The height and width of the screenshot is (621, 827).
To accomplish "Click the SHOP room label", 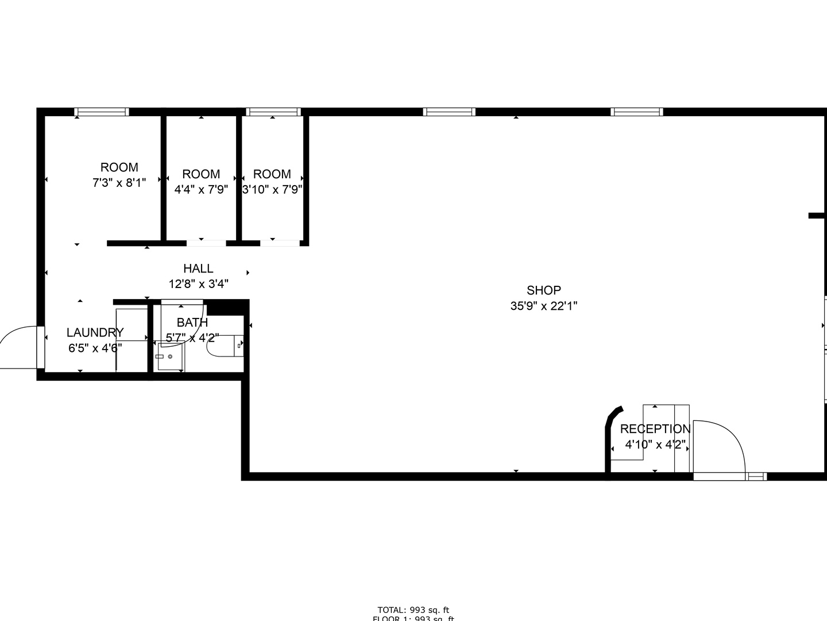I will (543, 290).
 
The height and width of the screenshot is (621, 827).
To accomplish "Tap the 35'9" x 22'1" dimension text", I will (543, 306).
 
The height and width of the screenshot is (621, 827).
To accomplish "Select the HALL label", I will (198, 269).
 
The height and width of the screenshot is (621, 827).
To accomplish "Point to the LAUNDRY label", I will (95, 332).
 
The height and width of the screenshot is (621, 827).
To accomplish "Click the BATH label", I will (192, 323).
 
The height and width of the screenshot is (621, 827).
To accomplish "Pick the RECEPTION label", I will (655, 429).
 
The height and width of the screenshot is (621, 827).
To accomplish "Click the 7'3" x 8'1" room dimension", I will (119, 183).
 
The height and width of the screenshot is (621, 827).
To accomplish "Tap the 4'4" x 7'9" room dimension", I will (201, 189).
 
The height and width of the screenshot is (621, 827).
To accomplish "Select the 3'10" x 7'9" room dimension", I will (272, 189).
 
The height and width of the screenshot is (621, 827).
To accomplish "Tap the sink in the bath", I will (169, 357).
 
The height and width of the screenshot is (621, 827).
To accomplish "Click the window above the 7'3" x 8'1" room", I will (102, 112).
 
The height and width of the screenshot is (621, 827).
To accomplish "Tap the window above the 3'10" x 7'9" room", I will (273, 112).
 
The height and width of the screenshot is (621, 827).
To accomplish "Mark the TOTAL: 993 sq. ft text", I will (413, 609).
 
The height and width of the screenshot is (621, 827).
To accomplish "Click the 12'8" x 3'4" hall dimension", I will (198, 283).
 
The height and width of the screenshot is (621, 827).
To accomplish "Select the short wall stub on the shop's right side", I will (817, 216).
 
